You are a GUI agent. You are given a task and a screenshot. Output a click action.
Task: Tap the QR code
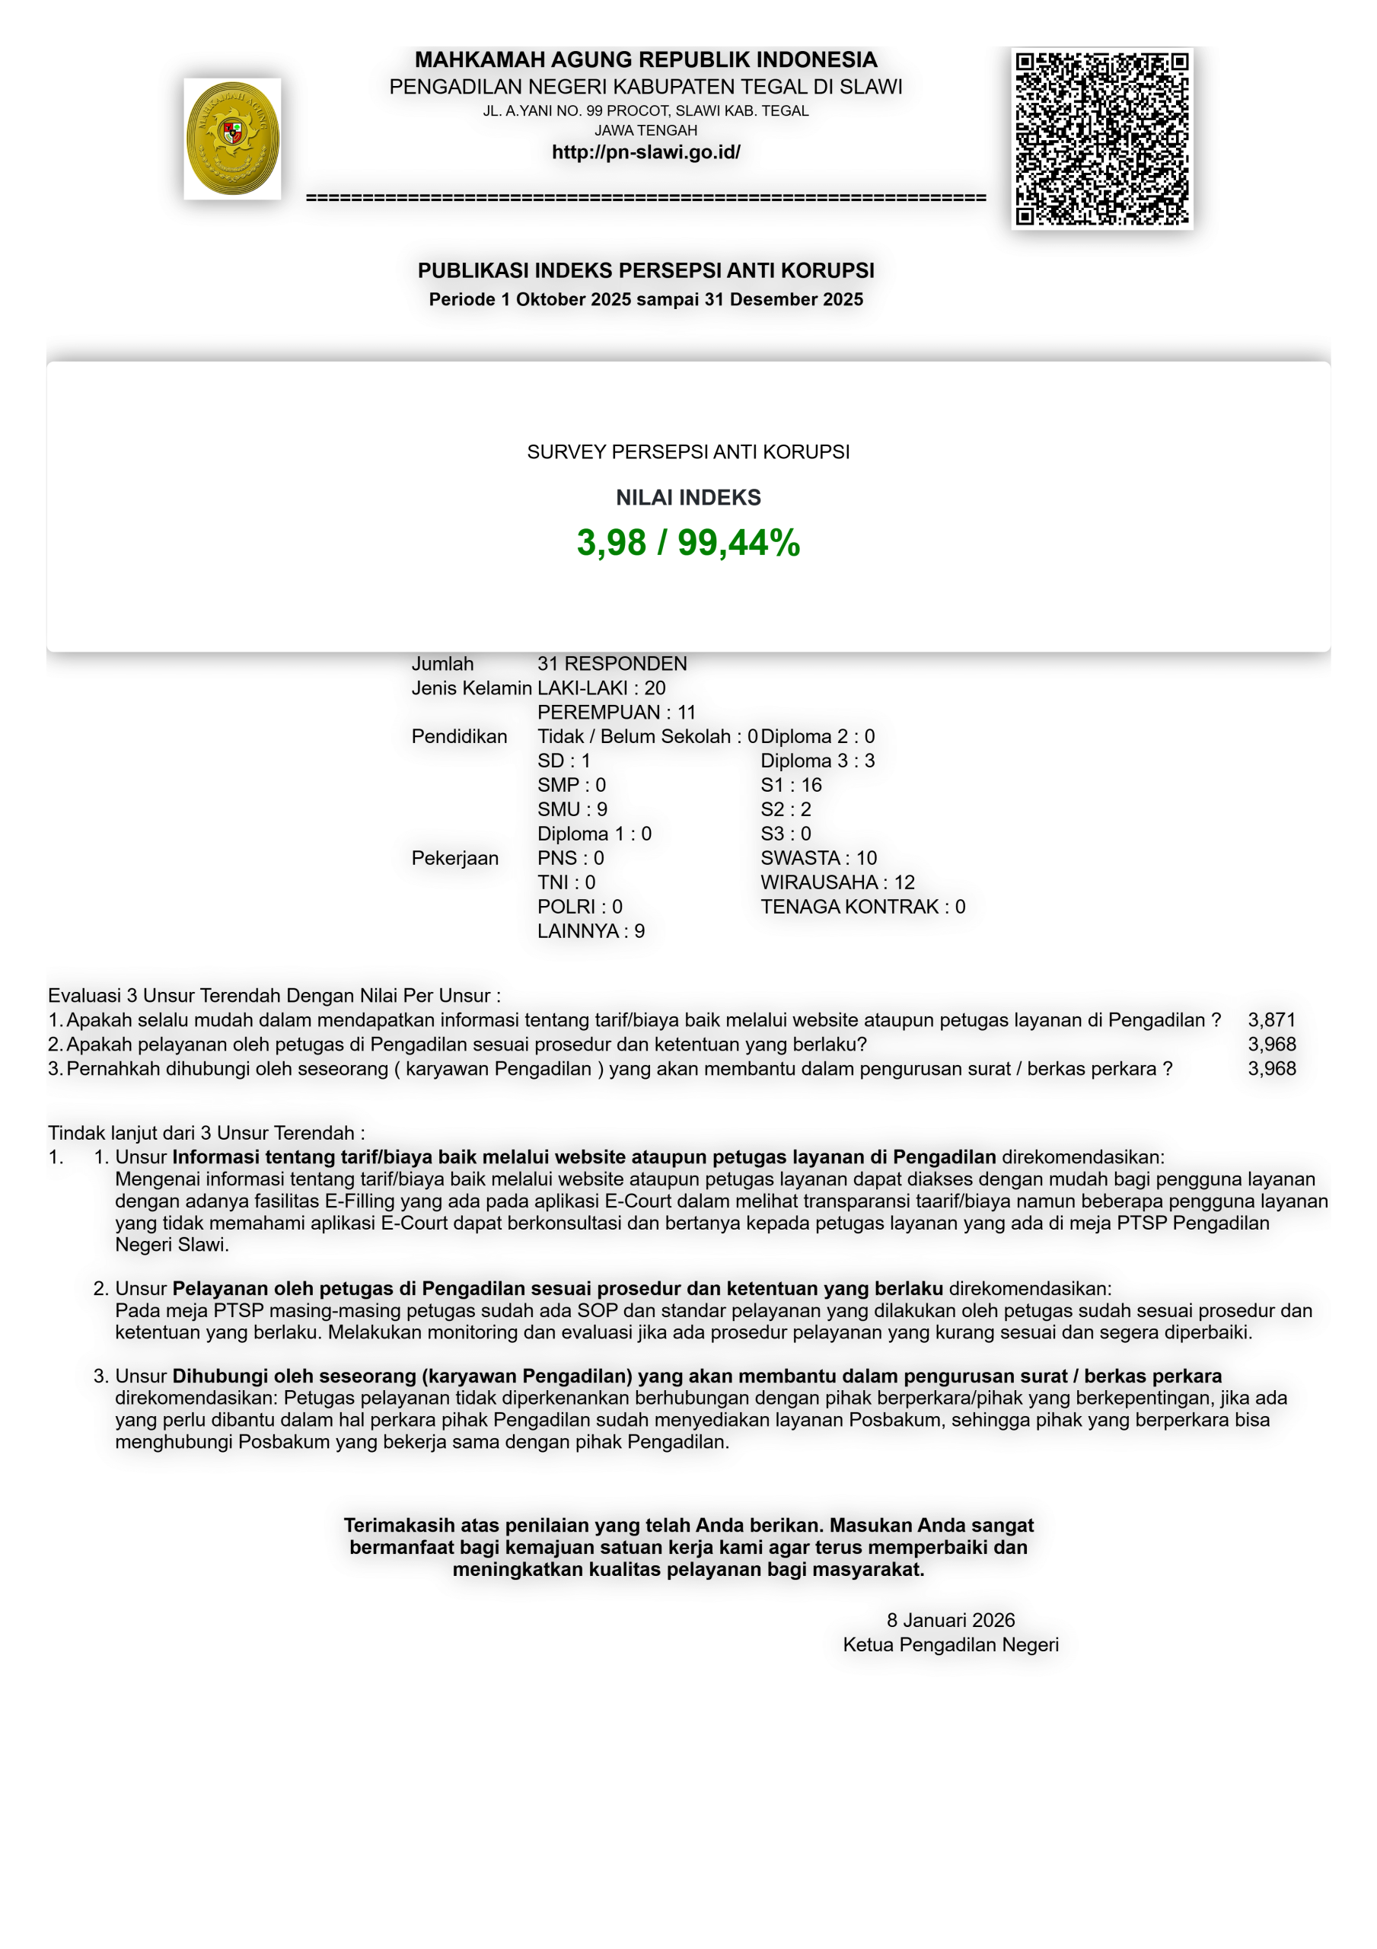click(x=1102, y=139)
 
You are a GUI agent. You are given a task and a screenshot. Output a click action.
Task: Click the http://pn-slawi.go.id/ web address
click(x=645, y=152)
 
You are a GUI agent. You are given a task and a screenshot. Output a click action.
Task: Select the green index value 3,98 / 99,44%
click(x=687, y=542)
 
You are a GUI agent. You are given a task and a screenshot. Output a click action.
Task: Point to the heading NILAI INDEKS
click(x=687, y=497)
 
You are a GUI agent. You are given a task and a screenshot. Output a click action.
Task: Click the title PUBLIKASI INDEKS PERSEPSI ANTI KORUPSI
click(x=645, y=270)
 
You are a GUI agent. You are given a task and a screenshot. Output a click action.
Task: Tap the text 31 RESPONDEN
click(x=611, y=664)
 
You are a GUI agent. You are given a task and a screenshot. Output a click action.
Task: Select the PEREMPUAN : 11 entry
click(x=616, y=712)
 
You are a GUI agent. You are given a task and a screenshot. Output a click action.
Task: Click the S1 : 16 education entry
click(x=790, y=785)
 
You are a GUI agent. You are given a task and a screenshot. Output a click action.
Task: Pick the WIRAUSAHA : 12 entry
click(x=837, y=883)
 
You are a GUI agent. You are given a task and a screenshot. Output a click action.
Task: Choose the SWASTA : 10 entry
click(x=818, y=858)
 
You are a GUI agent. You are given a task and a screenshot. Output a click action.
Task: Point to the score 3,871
click(x=1271, y=1020)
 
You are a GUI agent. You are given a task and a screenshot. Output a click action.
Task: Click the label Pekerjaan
click(x=454, y=858)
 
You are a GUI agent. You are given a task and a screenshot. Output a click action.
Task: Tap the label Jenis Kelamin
click(x=471, y=688)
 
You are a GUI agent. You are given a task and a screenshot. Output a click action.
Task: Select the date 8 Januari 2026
click(x=950, y=1621)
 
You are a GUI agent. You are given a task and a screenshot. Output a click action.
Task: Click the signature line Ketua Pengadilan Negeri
click(x=950, y=1645)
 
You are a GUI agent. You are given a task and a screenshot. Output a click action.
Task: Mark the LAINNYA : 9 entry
click(x=590, y=931)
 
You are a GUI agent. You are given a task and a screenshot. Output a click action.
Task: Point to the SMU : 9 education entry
click(x=572, y=810)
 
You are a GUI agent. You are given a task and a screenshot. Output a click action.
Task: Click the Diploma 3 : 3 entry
click(x=817, y=761)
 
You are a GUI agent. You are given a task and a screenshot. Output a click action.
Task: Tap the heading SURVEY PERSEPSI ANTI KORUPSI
click(x=687, y=451)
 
